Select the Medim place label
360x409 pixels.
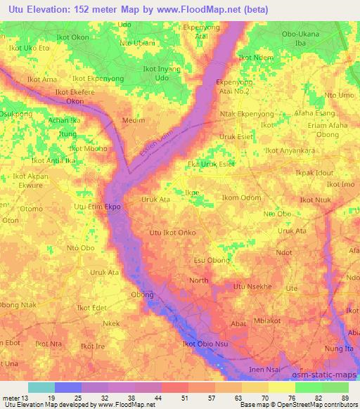click(x=134, y=120)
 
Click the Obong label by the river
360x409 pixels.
click(x=142, y=294)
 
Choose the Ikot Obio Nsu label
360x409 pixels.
click(x=205, y=344)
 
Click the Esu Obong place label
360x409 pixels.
click(x=212, y=260)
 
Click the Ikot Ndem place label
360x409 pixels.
click(x=255, y=58)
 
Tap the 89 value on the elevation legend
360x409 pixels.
click(x=344, y=398)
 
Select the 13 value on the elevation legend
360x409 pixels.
click(x=26, y=398)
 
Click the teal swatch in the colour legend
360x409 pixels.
click(x=41, y=387)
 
